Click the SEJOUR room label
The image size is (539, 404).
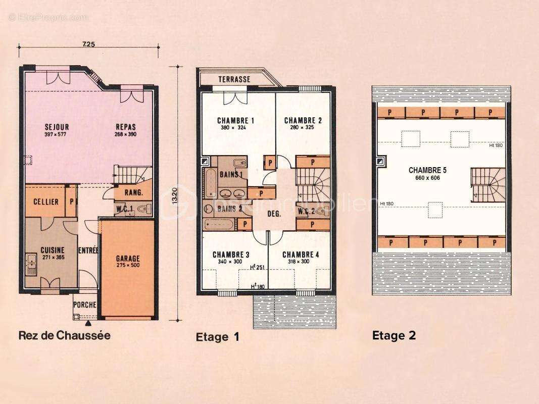tap(57, 127)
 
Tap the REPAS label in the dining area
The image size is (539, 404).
tap(126, 127)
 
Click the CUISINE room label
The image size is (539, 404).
tap(52, 250)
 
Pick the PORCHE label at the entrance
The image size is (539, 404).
tap(84, 305)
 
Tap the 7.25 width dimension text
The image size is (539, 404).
tap(88, 44)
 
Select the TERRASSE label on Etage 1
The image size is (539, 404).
tap(234, 79)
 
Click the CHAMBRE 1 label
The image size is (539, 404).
tap(235, 120)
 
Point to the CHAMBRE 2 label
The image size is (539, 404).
tap(303, 120)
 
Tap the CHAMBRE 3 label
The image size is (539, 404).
tap(231, 254)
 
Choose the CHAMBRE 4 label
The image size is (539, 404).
tap(301, 254)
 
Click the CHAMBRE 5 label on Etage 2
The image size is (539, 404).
tap(427, 170)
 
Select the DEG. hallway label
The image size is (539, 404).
tap(273, 214)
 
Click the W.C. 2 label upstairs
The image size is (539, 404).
tap(307, 211)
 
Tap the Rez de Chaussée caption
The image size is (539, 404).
tap(64, 334)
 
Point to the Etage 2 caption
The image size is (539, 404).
tap(394, 335)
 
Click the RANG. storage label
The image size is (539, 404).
tap(134, 192)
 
